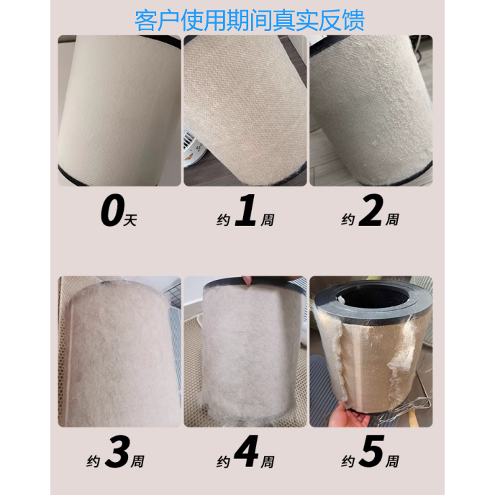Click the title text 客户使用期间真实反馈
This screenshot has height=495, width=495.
coord(249,19)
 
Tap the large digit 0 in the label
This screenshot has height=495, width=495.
coord(112,213)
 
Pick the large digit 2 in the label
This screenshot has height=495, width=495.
coord(369,213)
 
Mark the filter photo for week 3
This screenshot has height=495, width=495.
coord(119,353)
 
